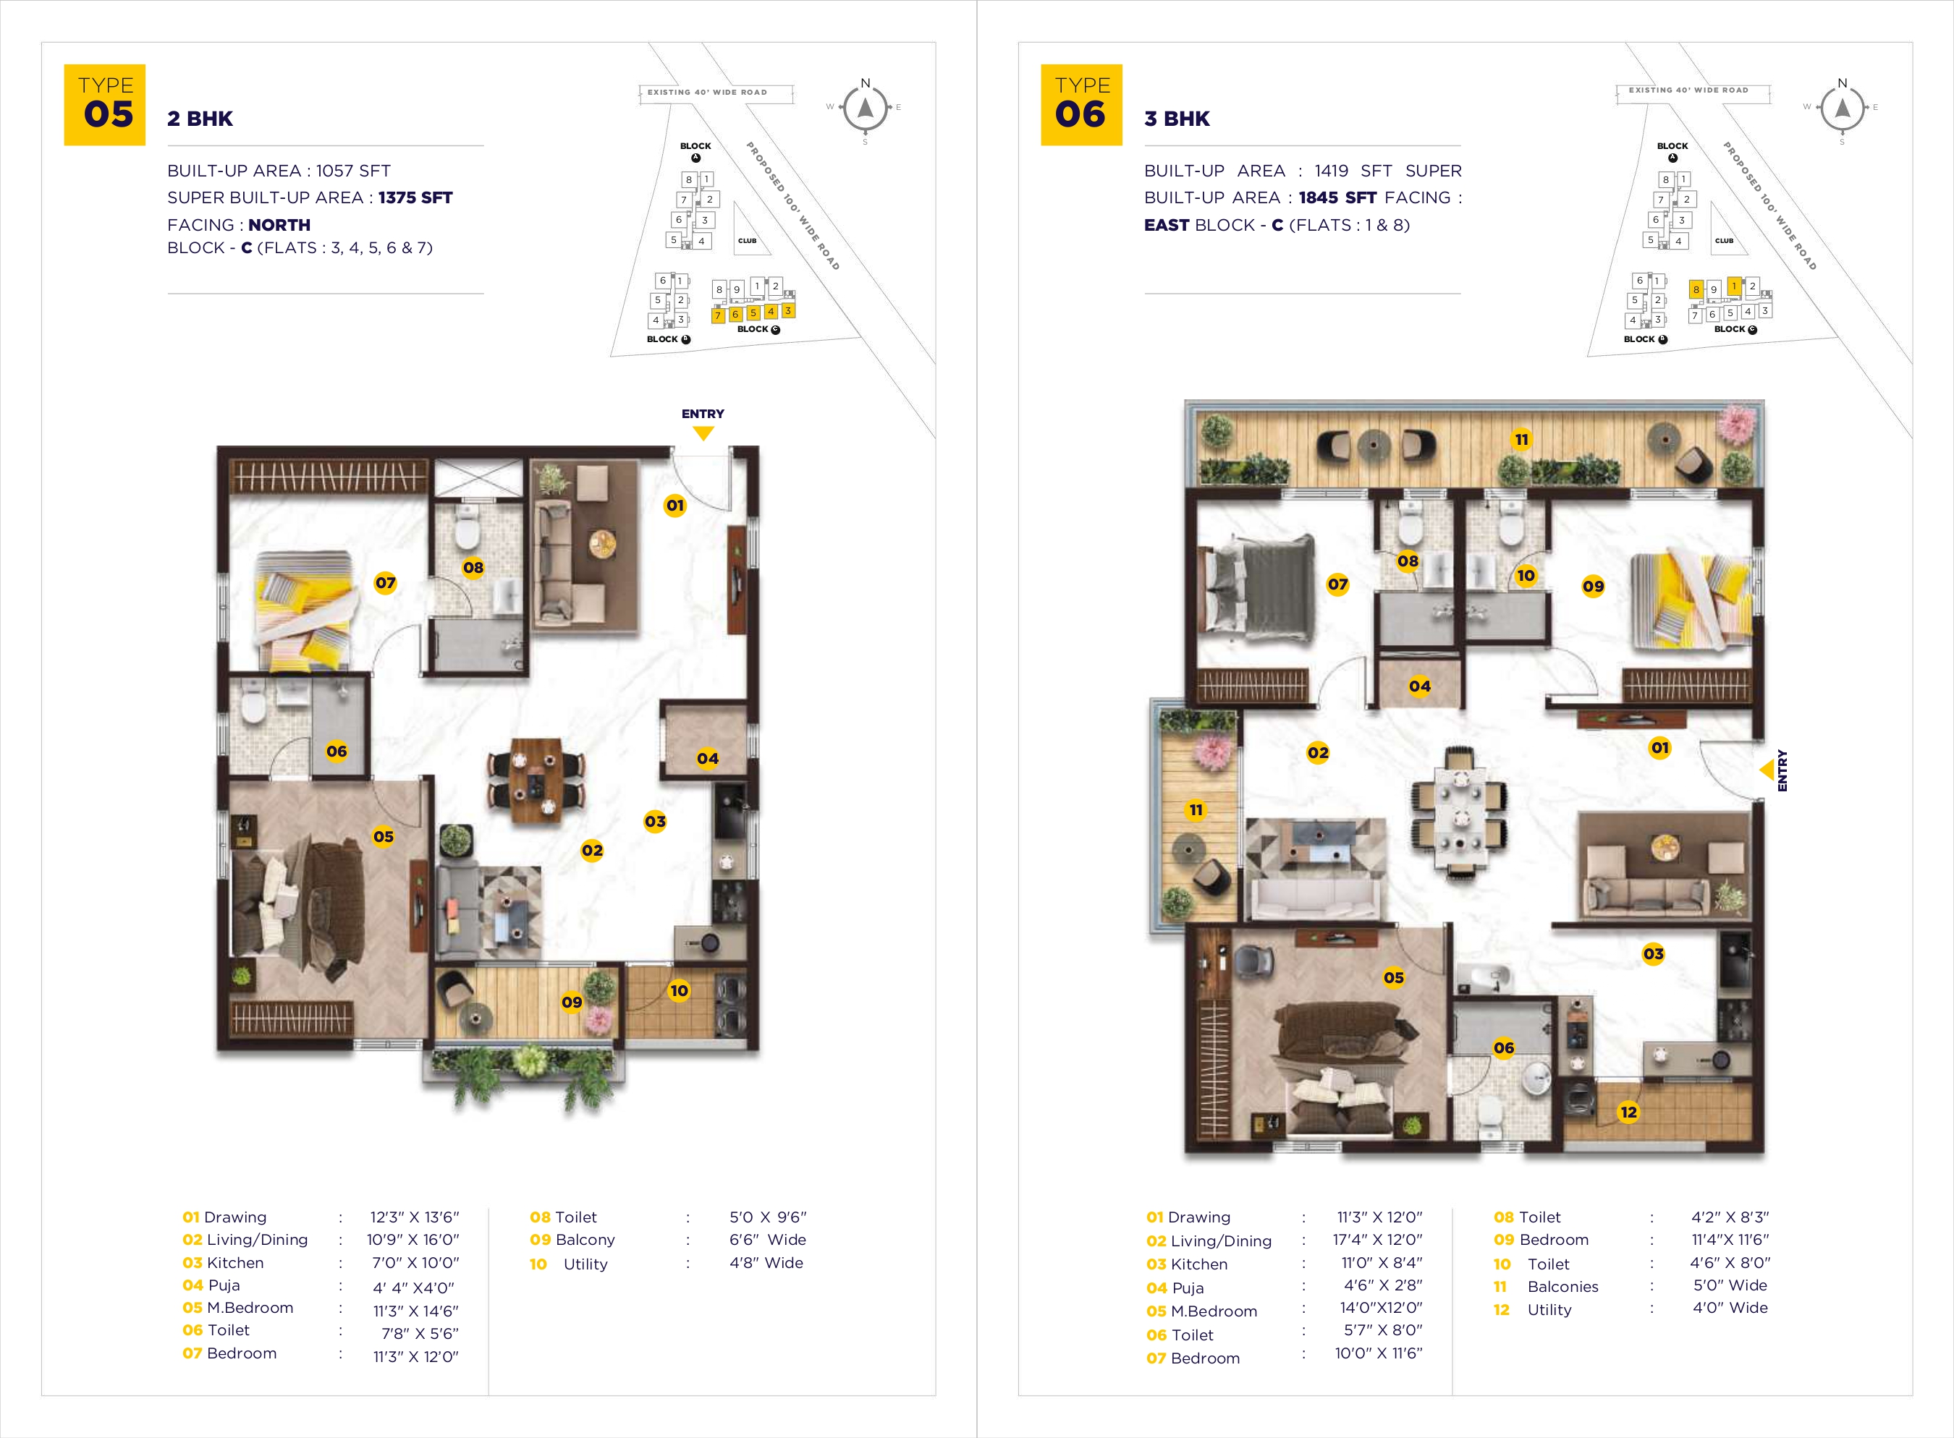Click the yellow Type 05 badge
104,104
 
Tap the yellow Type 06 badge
1081,104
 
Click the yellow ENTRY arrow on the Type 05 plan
703,433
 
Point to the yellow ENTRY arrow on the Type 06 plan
1767,770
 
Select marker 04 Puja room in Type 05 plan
708,758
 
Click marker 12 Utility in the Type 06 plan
1628,1112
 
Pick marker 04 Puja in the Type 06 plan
1419,686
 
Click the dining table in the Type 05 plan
536,780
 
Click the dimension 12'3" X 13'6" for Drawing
415,1217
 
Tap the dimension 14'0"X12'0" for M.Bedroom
1381,1307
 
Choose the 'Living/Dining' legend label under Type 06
1221,1241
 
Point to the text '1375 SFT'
415,197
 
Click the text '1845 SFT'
1337,197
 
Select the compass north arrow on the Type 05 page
866,108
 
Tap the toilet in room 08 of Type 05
468,525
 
